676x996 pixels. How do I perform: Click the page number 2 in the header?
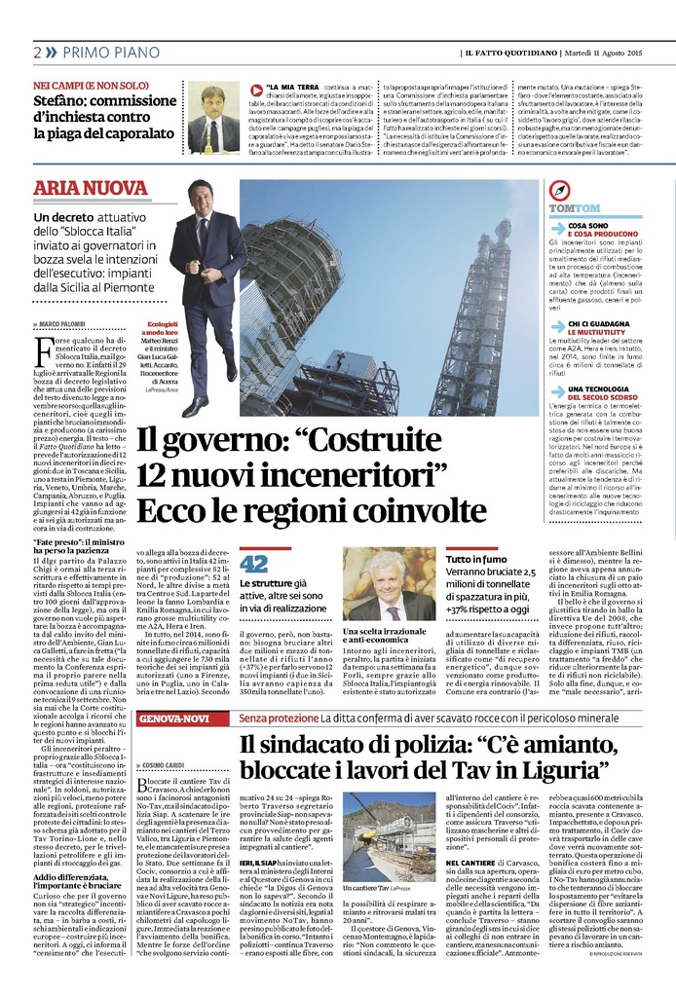(x=37, y=52)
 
